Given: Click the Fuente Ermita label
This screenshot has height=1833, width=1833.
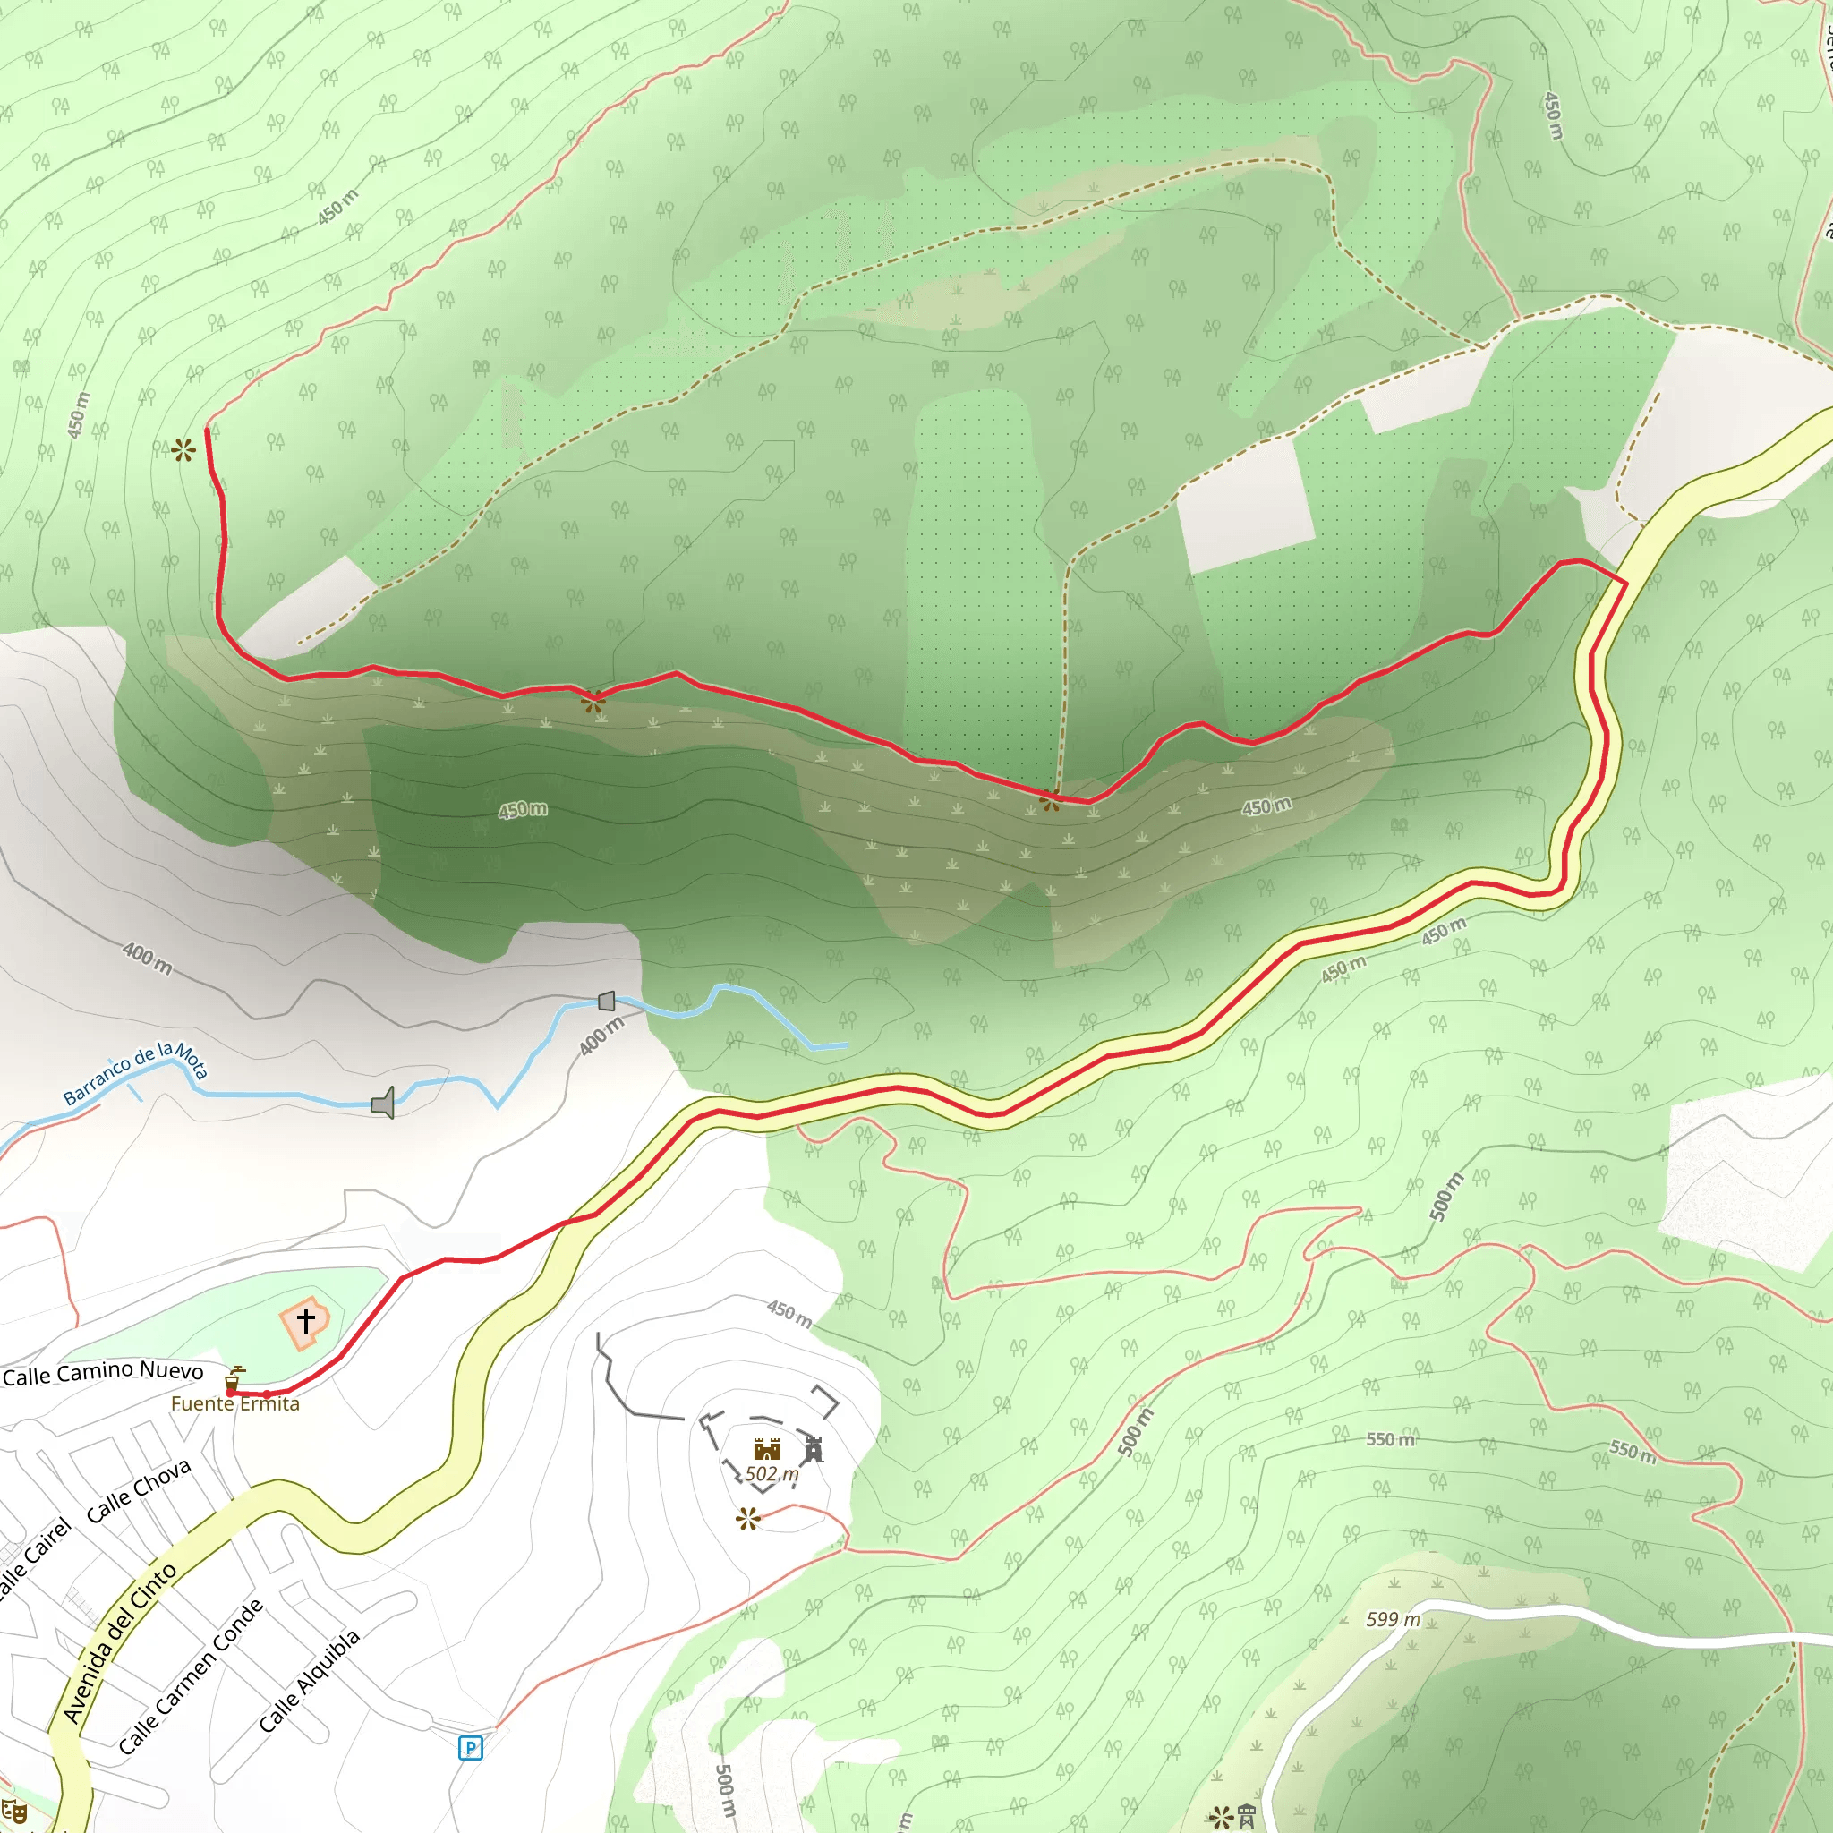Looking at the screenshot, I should tap(234, 1404).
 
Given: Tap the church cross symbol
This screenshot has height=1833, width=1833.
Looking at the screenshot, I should tap(305, 1320).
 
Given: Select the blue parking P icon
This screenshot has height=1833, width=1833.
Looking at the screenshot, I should tap(471, 1748).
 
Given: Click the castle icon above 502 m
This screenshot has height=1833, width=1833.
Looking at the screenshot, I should tap(767, 1449).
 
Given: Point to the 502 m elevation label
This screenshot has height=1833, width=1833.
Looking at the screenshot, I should tap(772, 1473).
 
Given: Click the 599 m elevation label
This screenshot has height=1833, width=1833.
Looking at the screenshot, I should tap(1393, 1619).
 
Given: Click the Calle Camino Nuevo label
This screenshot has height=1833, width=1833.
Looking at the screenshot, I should tap(102, 1373).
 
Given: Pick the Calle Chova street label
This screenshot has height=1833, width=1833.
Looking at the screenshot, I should tap(139, 1491).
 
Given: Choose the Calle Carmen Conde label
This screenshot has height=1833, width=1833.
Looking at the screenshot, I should tap(192, 1676).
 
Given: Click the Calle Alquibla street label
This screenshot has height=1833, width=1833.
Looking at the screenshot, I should tap(311, 1680).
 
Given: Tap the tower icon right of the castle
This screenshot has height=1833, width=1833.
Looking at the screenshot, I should tap(813, 1450).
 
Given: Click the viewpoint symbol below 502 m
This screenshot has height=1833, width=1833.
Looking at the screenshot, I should tap(747, 1520).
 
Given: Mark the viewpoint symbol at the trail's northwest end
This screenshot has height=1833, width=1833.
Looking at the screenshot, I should tap(184, 449).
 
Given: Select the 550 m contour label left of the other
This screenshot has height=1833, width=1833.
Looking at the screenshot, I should tap(1390, 1440).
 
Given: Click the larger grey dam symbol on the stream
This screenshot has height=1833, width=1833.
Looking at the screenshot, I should tap(383, 1103).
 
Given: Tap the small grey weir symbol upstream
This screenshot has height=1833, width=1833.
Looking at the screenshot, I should tap(607, 1001).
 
